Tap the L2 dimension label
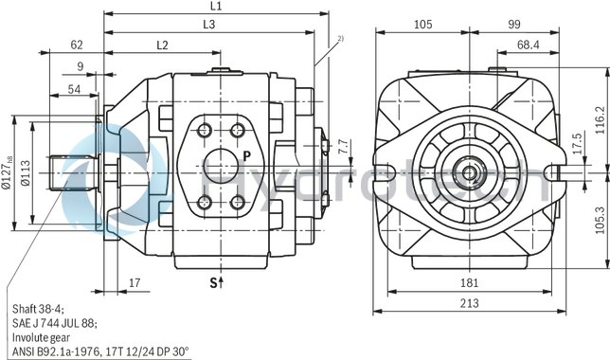(x=162, y=45)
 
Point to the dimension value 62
(x=78, y=45)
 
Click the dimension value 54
(x=73, y=88)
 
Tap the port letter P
(x=245, y=154)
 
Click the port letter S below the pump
(x=215, y=281)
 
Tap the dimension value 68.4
(x=529, y=45)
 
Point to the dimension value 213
(x=469, y=303)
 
